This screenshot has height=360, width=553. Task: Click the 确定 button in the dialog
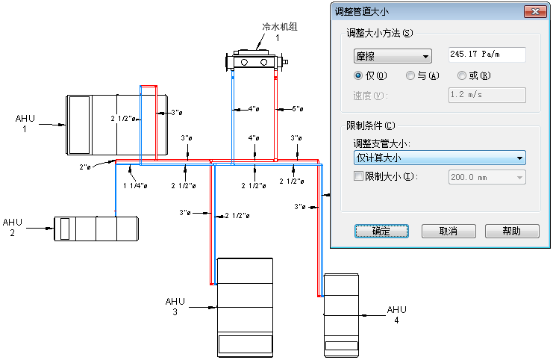(381, 231)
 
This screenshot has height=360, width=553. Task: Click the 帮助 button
(512, 231)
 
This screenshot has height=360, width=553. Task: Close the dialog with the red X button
(534, 11)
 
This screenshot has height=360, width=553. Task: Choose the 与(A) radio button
(410, 75)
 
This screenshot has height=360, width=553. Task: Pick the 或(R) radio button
(463, 75)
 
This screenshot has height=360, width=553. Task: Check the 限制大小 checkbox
(358, 176)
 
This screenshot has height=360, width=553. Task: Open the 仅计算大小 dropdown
(439, 158)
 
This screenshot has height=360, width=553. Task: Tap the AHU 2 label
(13, 227)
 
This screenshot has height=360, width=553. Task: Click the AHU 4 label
(396, 314)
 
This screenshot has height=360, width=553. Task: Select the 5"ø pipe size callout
(297, 109)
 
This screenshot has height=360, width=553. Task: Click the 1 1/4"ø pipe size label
(134, 185)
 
